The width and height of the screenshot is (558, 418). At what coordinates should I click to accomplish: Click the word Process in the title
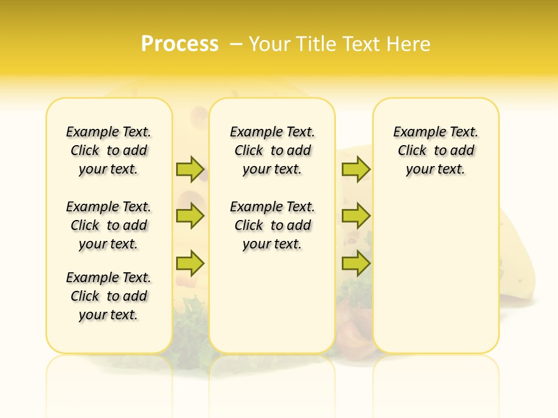[x=180, y=44]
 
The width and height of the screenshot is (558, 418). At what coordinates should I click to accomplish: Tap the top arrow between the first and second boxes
[x=190, y=169]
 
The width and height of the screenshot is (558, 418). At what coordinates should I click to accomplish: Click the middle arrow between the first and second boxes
[x=190, y=216]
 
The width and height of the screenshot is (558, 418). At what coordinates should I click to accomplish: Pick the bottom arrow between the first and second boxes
[x=190, y=264]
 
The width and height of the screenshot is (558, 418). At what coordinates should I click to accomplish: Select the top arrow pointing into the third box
[x=356, y=169]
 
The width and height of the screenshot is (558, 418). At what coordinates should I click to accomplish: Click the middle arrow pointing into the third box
[x=356, y=216]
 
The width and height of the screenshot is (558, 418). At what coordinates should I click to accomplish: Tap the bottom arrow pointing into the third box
[x=356, y=264]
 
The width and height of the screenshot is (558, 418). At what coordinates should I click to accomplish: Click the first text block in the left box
[x=109, y=150]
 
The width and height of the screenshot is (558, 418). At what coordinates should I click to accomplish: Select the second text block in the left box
[x=109, y=225]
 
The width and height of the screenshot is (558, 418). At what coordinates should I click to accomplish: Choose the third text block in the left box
[x=109, y=296]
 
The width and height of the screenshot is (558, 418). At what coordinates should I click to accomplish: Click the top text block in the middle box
[x=272, y=150]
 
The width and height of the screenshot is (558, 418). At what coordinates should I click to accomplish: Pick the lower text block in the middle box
[x=272, y=225]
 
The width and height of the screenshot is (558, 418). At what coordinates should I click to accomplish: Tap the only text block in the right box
[x=435, y=150]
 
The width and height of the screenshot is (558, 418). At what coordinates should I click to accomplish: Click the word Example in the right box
[x=414, y=132]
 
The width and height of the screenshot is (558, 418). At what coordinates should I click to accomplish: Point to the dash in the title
[x=236, y=44]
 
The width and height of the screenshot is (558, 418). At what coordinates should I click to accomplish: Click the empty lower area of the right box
[x=435, y=279]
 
